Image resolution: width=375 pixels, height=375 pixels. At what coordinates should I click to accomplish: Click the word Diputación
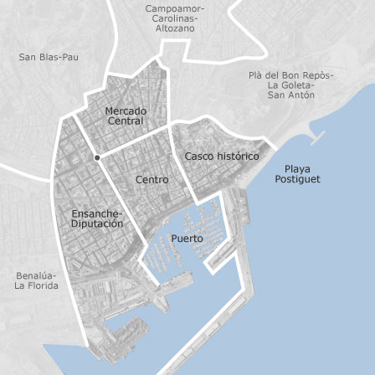pyautogui.click(x=99, y=223)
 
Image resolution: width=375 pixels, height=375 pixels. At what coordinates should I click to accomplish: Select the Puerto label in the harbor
pyautogui.click(x=187, y=239)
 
